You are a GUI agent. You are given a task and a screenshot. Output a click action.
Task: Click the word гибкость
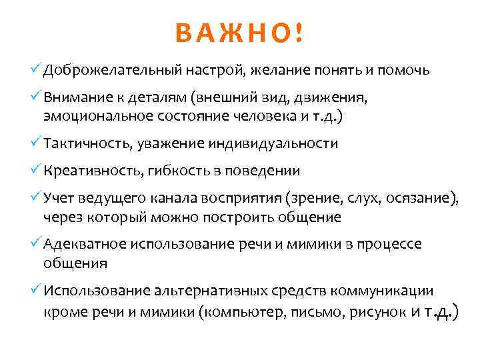click(x=175, y=171)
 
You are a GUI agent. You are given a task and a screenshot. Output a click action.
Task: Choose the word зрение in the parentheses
click(x=312, y=198)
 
